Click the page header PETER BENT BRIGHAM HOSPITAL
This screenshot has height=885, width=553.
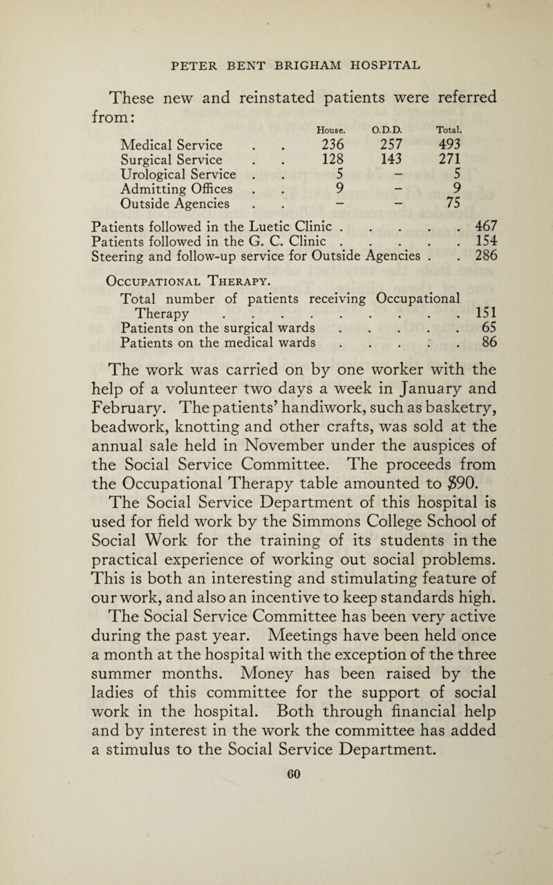point(276,54)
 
